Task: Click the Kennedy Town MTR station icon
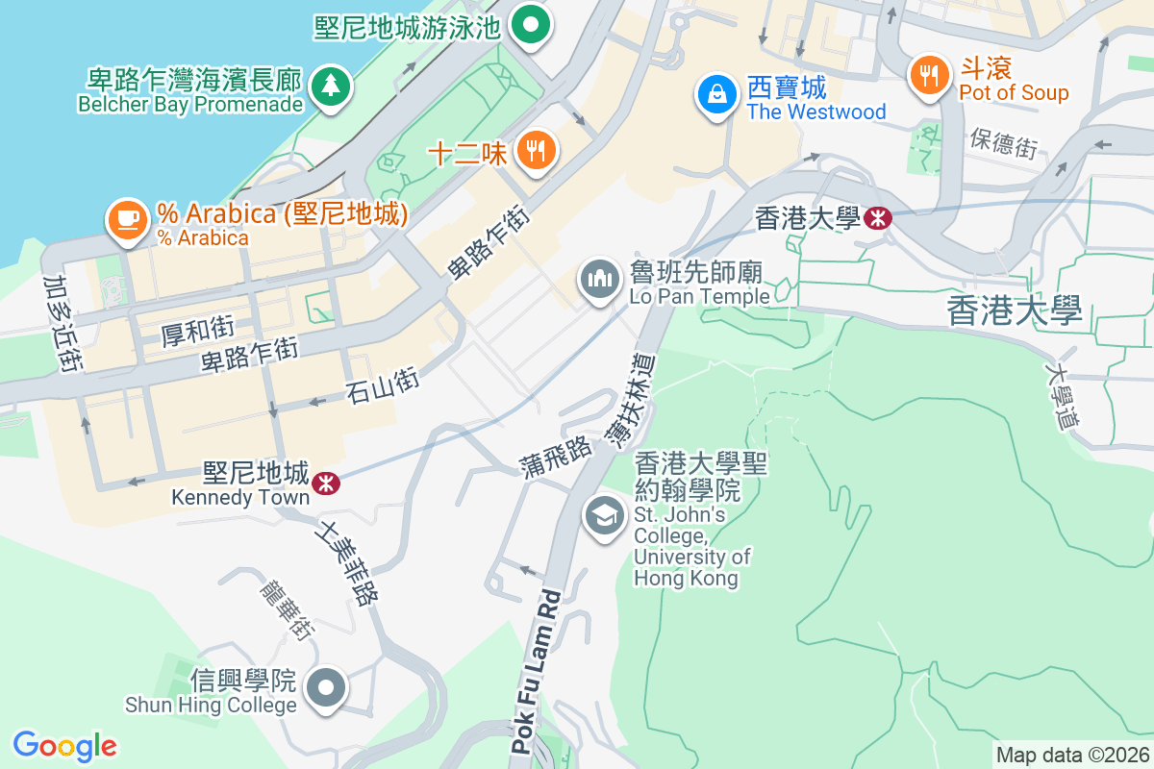[327, 483]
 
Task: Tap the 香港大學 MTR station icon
[877, 218]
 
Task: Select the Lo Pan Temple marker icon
[600, 280]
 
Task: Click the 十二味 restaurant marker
[535, 150]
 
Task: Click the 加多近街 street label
[62, 323]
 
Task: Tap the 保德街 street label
[1003, 144]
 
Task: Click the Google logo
[64, 746]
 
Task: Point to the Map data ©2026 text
[1071, 756]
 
